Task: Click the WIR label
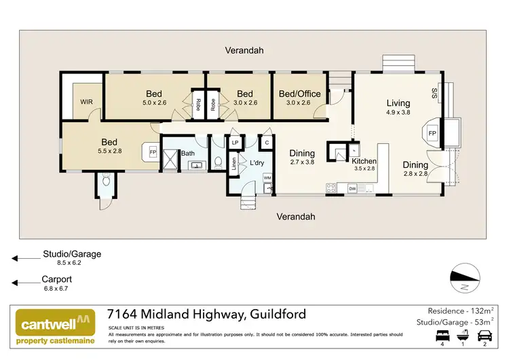86,102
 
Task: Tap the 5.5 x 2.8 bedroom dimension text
109,151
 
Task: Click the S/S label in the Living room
434,93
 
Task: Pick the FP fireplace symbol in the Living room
432,133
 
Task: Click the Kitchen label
364,160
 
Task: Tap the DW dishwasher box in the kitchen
352,188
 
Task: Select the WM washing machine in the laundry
267,177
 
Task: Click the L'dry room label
257,164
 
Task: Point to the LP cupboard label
235,143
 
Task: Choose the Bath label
188,153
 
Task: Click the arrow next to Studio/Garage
26,258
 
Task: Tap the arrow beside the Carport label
26,283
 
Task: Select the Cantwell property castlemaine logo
54,327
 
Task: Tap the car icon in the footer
486,336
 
